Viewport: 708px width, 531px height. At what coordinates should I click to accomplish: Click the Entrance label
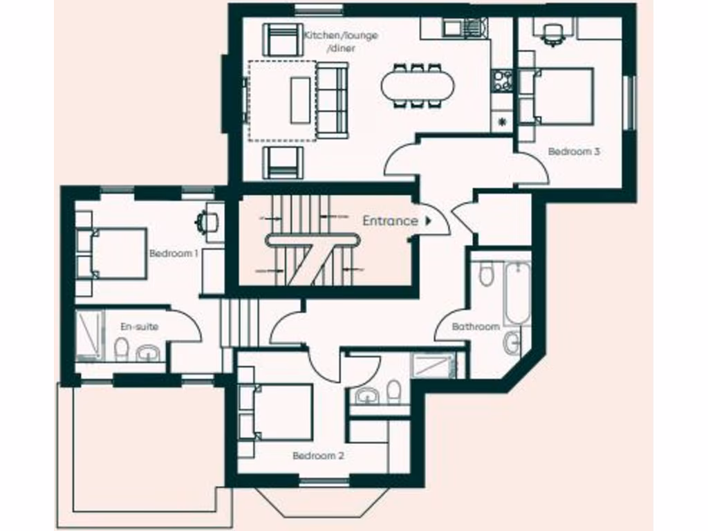(x=390, y=221)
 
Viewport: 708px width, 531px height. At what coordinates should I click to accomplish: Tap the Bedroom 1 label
(x=174, y=254)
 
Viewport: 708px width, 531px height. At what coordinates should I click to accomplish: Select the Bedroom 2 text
(x=318, y=456)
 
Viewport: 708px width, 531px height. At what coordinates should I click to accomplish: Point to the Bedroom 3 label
(x=574, y=151)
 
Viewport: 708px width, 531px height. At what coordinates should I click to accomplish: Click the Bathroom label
(x=476, y=326)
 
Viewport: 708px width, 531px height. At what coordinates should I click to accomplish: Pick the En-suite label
(x=139, y=326)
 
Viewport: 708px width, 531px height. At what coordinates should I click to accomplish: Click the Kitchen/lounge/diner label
(x=341, y=41)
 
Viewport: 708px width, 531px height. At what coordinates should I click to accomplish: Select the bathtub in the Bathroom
(x=516, y=294)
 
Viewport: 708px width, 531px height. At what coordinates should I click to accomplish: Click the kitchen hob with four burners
(x=502, y=80)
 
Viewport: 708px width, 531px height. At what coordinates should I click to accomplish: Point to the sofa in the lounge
(x=333, y=100)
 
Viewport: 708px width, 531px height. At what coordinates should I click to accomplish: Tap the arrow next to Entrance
(x=429, y=221)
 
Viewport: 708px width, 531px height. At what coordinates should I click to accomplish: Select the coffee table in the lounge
(x=300, y=100)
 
